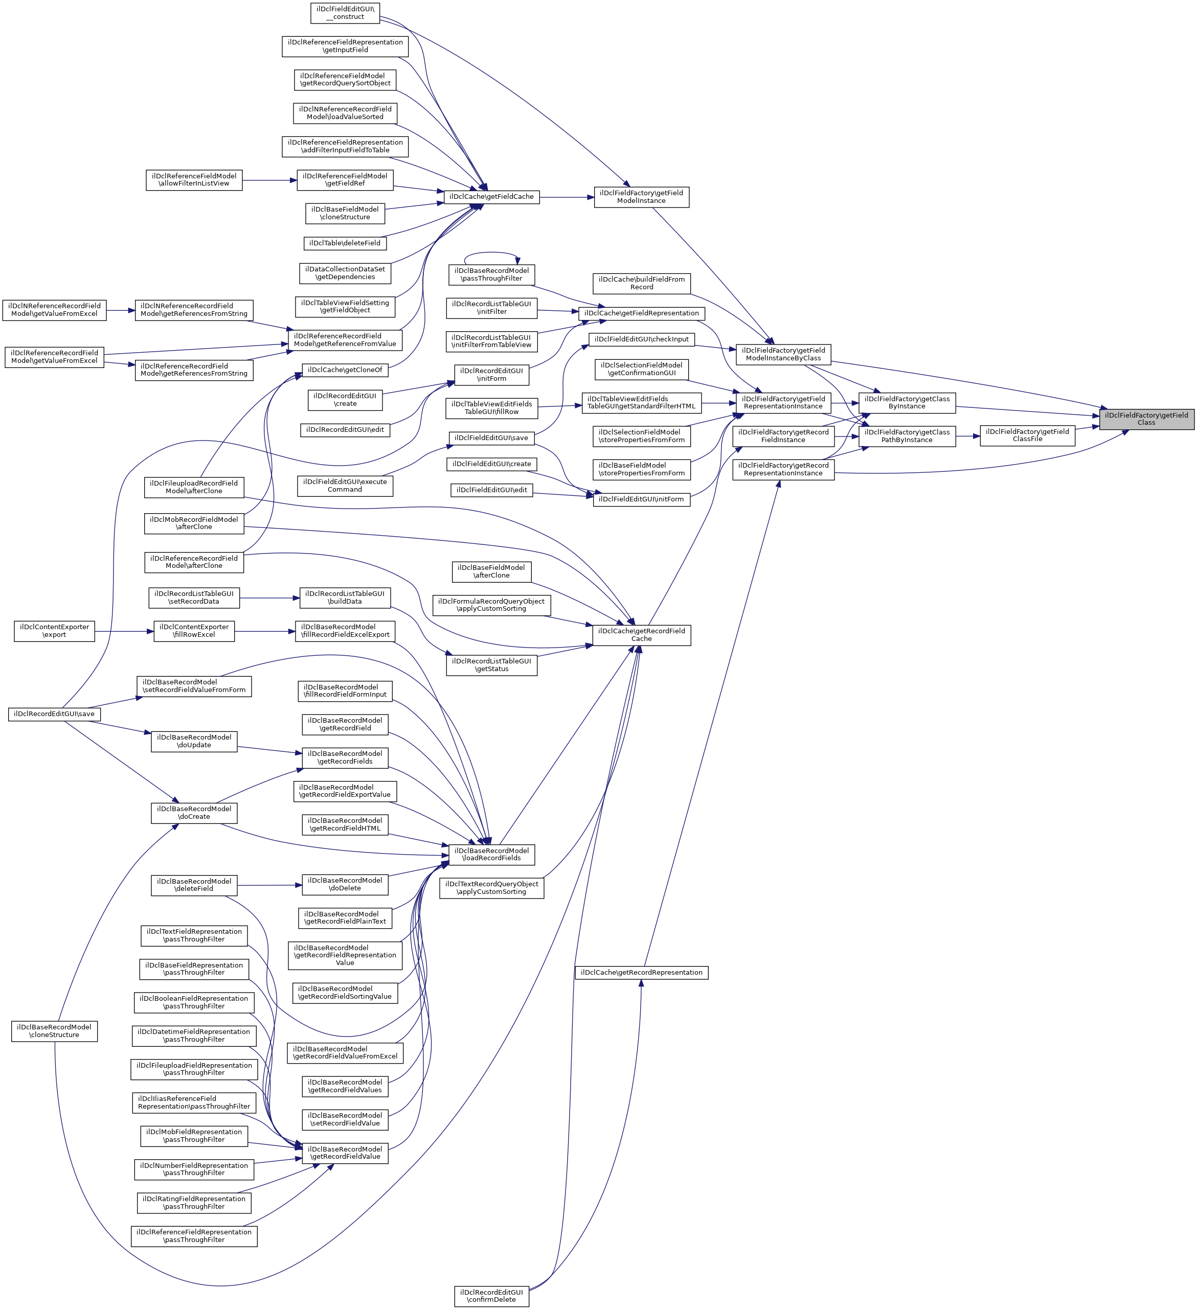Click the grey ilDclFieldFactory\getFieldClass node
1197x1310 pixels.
coord(1146,419)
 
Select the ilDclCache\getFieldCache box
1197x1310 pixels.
coord(491,197)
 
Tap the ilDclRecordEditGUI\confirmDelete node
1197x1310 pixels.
coord(491,1296)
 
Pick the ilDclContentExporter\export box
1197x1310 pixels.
coord(55,631)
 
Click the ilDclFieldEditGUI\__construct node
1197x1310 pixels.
coord(345,13)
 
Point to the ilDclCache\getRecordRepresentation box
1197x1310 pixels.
coord(641,973)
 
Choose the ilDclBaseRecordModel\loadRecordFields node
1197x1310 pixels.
coord(491,855)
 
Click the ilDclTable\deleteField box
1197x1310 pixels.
coord(345,243)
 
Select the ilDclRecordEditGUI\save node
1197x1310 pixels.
coord(55,714)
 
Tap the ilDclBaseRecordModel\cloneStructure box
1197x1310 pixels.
coord(55,1031)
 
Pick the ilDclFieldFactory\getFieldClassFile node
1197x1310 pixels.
coord(1027,435)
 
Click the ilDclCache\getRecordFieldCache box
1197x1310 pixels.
coord(641,635)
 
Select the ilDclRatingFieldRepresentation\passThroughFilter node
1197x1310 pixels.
coord(194,1203)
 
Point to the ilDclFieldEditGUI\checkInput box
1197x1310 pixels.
coord(641,339)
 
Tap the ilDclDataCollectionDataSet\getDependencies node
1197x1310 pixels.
coord(345,273)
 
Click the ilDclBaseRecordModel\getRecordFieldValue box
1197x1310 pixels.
coord(345,1154)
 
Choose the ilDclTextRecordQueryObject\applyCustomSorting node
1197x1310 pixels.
coord(491,888)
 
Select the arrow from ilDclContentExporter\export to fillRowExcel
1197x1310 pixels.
coord(124,631)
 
